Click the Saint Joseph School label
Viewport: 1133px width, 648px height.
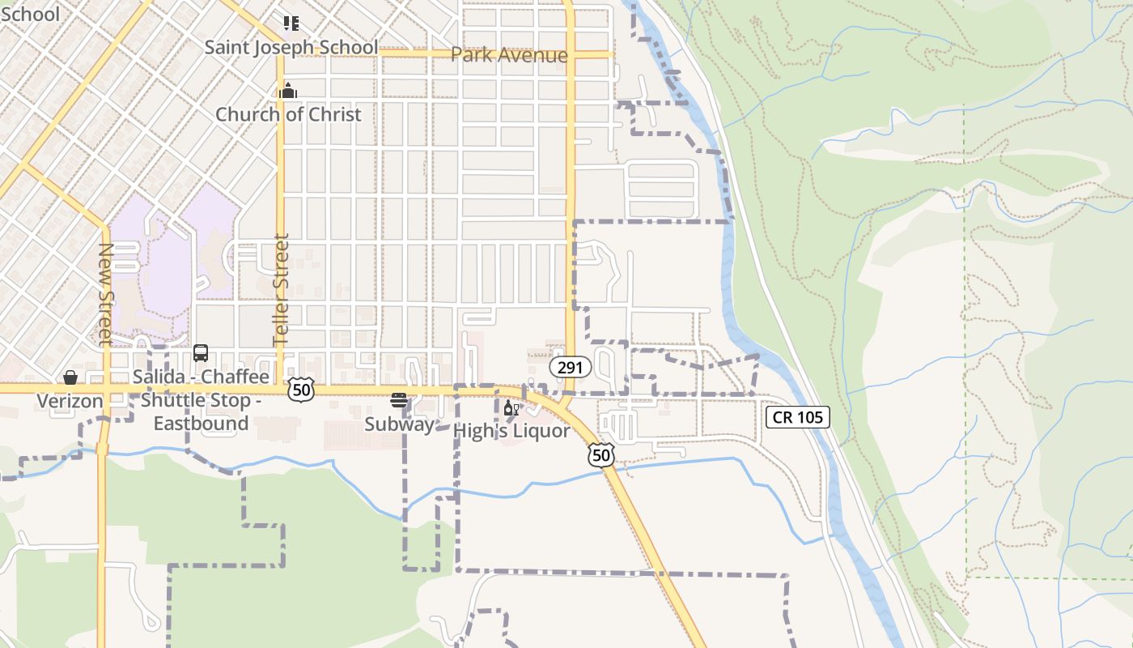point(291,47)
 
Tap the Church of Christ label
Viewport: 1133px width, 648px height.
point(288,114)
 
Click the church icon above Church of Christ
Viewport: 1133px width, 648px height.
point(287,91)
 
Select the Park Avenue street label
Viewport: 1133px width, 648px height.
point(509,55)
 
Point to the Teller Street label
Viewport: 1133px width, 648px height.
point(281,290)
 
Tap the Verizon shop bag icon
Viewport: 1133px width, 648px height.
point(70,377)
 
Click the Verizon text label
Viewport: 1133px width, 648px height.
point(70,401)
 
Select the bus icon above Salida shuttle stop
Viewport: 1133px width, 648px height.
point(201,353)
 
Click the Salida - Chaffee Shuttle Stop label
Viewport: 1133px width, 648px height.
point(201,400)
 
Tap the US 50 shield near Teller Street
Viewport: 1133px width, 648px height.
point(300,390)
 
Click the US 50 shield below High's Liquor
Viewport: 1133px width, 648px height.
point(600,455)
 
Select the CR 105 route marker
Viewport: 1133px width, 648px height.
point(797,417)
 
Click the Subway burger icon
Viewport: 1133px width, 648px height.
point(398,400)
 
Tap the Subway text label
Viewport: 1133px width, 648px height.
point(398,424)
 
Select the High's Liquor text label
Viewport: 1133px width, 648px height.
point(511,431)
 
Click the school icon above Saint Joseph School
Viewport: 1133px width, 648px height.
point(291,23)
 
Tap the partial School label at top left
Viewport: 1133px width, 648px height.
point(29,14)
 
